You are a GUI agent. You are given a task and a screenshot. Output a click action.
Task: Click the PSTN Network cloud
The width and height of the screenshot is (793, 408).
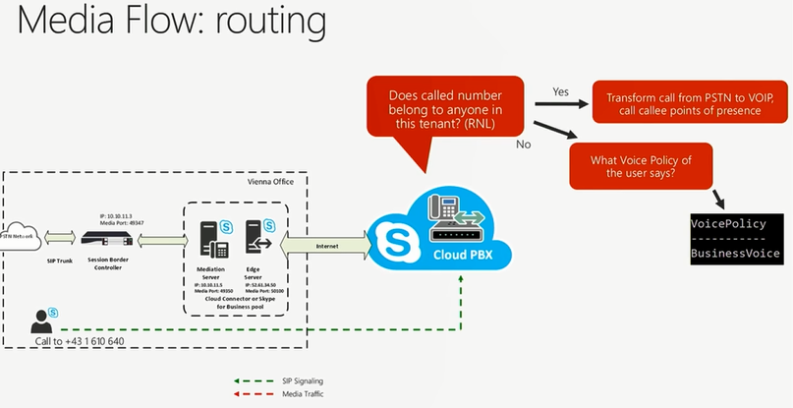[x=14, y=237]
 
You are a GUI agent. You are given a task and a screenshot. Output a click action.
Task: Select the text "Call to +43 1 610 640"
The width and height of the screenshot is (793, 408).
[x=80, y=340]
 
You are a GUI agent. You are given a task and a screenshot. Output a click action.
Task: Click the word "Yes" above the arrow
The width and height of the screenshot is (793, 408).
[x=561, y=90]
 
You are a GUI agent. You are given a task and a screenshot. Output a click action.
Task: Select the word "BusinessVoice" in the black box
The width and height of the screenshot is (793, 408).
[x=735, y=254]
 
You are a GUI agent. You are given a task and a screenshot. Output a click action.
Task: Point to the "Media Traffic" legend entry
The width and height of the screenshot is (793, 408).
[x=299, y=393]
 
